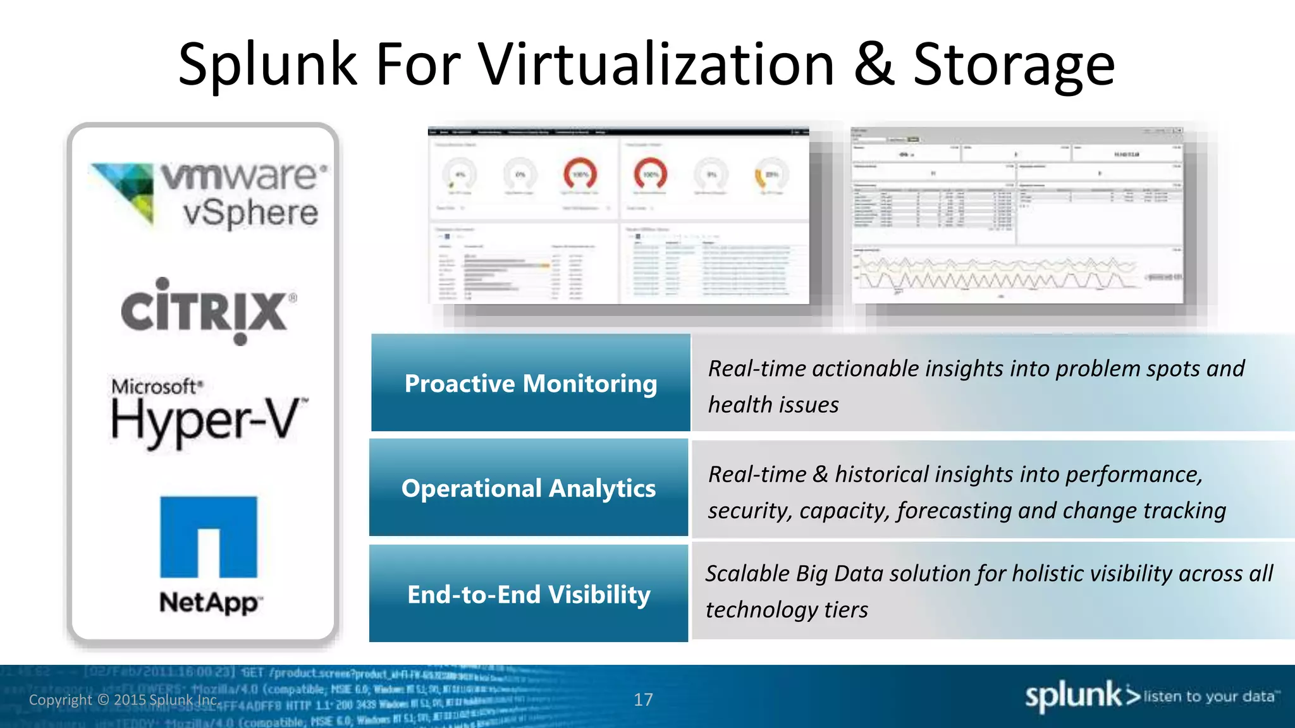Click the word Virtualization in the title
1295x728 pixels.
point(656,64)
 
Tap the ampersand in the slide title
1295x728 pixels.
point(873,64)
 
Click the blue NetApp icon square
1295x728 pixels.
point(209,537)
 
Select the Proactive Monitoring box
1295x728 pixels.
point(531,383)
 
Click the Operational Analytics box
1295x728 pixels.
point(529,488)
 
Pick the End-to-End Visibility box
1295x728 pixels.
point(529,594)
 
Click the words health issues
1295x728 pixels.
point(773,404)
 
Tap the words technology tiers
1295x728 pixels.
point(786,610)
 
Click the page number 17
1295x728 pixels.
point(643,700)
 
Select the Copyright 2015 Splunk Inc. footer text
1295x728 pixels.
point(124,700)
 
